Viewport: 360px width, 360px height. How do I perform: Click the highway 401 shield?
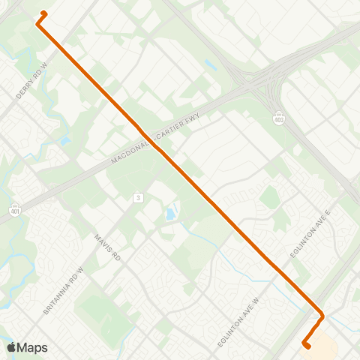coord(14,211)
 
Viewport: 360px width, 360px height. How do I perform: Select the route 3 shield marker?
coord(138,197)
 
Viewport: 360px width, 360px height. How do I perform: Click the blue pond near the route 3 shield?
coord(171,214)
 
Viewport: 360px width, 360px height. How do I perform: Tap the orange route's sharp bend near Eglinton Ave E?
coord(322,316)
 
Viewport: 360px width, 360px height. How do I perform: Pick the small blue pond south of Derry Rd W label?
coord(66,139)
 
